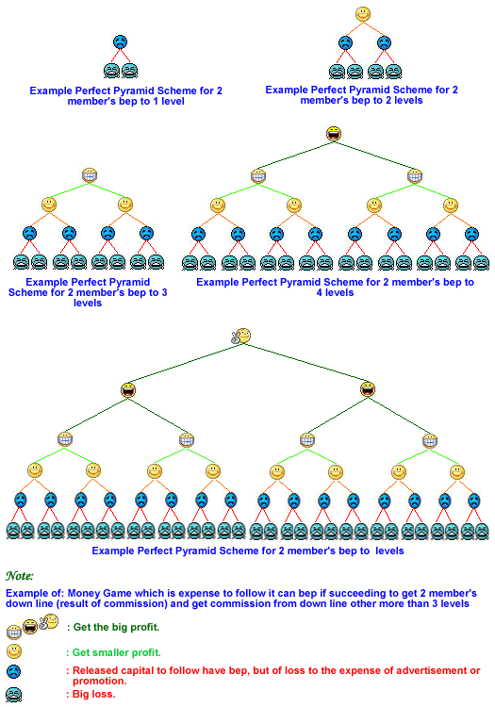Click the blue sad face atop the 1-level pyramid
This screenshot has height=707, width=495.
click(x=120, y=42)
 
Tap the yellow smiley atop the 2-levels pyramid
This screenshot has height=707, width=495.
click(x=363, y=14)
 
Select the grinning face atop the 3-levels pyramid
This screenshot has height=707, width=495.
click(x=90, y=175)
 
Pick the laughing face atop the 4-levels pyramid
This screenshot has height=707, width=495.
click(x=334, y=134)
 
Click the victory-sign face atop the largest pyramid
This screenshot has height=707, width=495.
click(x=241, y=336)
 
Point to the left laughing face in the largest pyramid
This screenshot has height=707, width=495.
click(x=128, y=389)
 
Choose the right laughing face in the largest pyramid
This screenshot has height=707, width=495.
click(x=368, y=389)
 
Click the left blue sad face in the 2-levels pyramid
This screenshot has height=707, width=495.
click(x=345, y=43)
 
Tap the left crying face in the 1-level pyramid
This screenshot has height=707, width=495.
click(x=112, y=71)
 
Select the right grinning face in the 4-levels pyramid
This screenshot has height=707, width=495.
click(x=414, y=176)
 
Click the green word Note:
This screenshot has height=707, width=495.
click(x=20, y=576)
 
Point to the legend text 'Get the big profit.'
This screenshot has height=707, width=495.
click(x=116, y=627)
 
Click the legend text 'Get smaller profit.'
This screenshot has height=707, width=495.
click(x=116, y=652)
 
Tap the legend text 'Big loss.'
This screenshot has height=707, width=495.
click(x=93, y=694)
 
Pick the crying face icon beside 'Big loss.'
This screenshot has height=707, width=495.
click(x=14, y=695)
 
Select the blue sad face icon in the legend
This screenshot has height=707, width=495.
click(x=13, y=671)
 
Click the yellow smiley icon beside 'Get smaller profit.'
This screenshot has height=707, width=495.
click(x=14, y=651)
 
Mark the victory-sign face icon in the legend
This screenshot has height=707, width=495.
click(x=49, y=622)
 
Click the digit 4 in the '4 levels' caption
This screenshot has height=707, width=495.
click(x=320, y=292)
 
